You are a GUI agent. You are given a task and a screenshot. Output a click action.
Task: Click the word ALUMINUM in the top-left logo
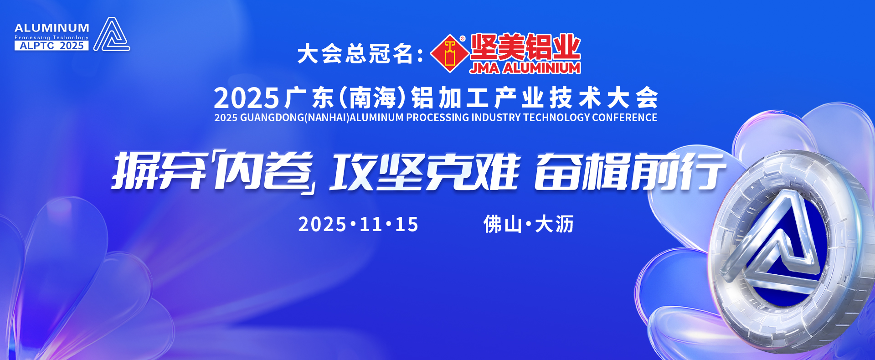(x=52, y=28)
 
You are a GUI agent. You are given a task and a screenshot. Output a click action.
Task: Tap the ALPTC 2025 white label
(x=51, y=46)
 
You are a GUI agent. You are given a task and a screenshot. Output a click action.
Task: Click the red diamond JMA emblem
(x=450, y=54)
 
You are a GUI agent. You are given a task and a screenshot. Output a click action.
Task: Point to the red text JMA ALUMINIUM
(x=525, y=68)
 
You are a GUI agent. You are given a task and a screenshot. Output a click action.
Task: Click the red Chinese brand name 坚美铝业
(x=525, y=47)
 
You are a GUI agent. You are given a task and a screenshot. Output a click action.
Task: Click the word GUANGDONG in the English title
(x=272, y=118)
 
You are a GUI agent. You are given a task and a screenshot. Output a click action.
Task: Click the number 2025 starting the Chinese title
(x=246, y=98)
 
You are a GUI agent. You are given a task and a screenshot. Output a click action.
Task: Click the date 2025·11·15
(x=358, y=224)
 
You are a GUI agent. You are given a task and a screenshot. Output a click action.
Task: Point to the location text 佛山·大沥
(x=529, y=224)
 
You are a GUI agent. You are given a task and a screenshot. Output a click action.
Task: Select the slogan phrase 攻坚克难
(x=425, y=172)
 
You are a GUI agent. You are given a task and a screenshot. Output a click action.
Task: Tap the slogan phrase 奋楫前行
(x=630, y=172)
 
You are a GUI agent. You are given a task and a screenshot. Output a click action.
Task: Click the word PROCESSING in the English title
(x=437, y=118)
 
